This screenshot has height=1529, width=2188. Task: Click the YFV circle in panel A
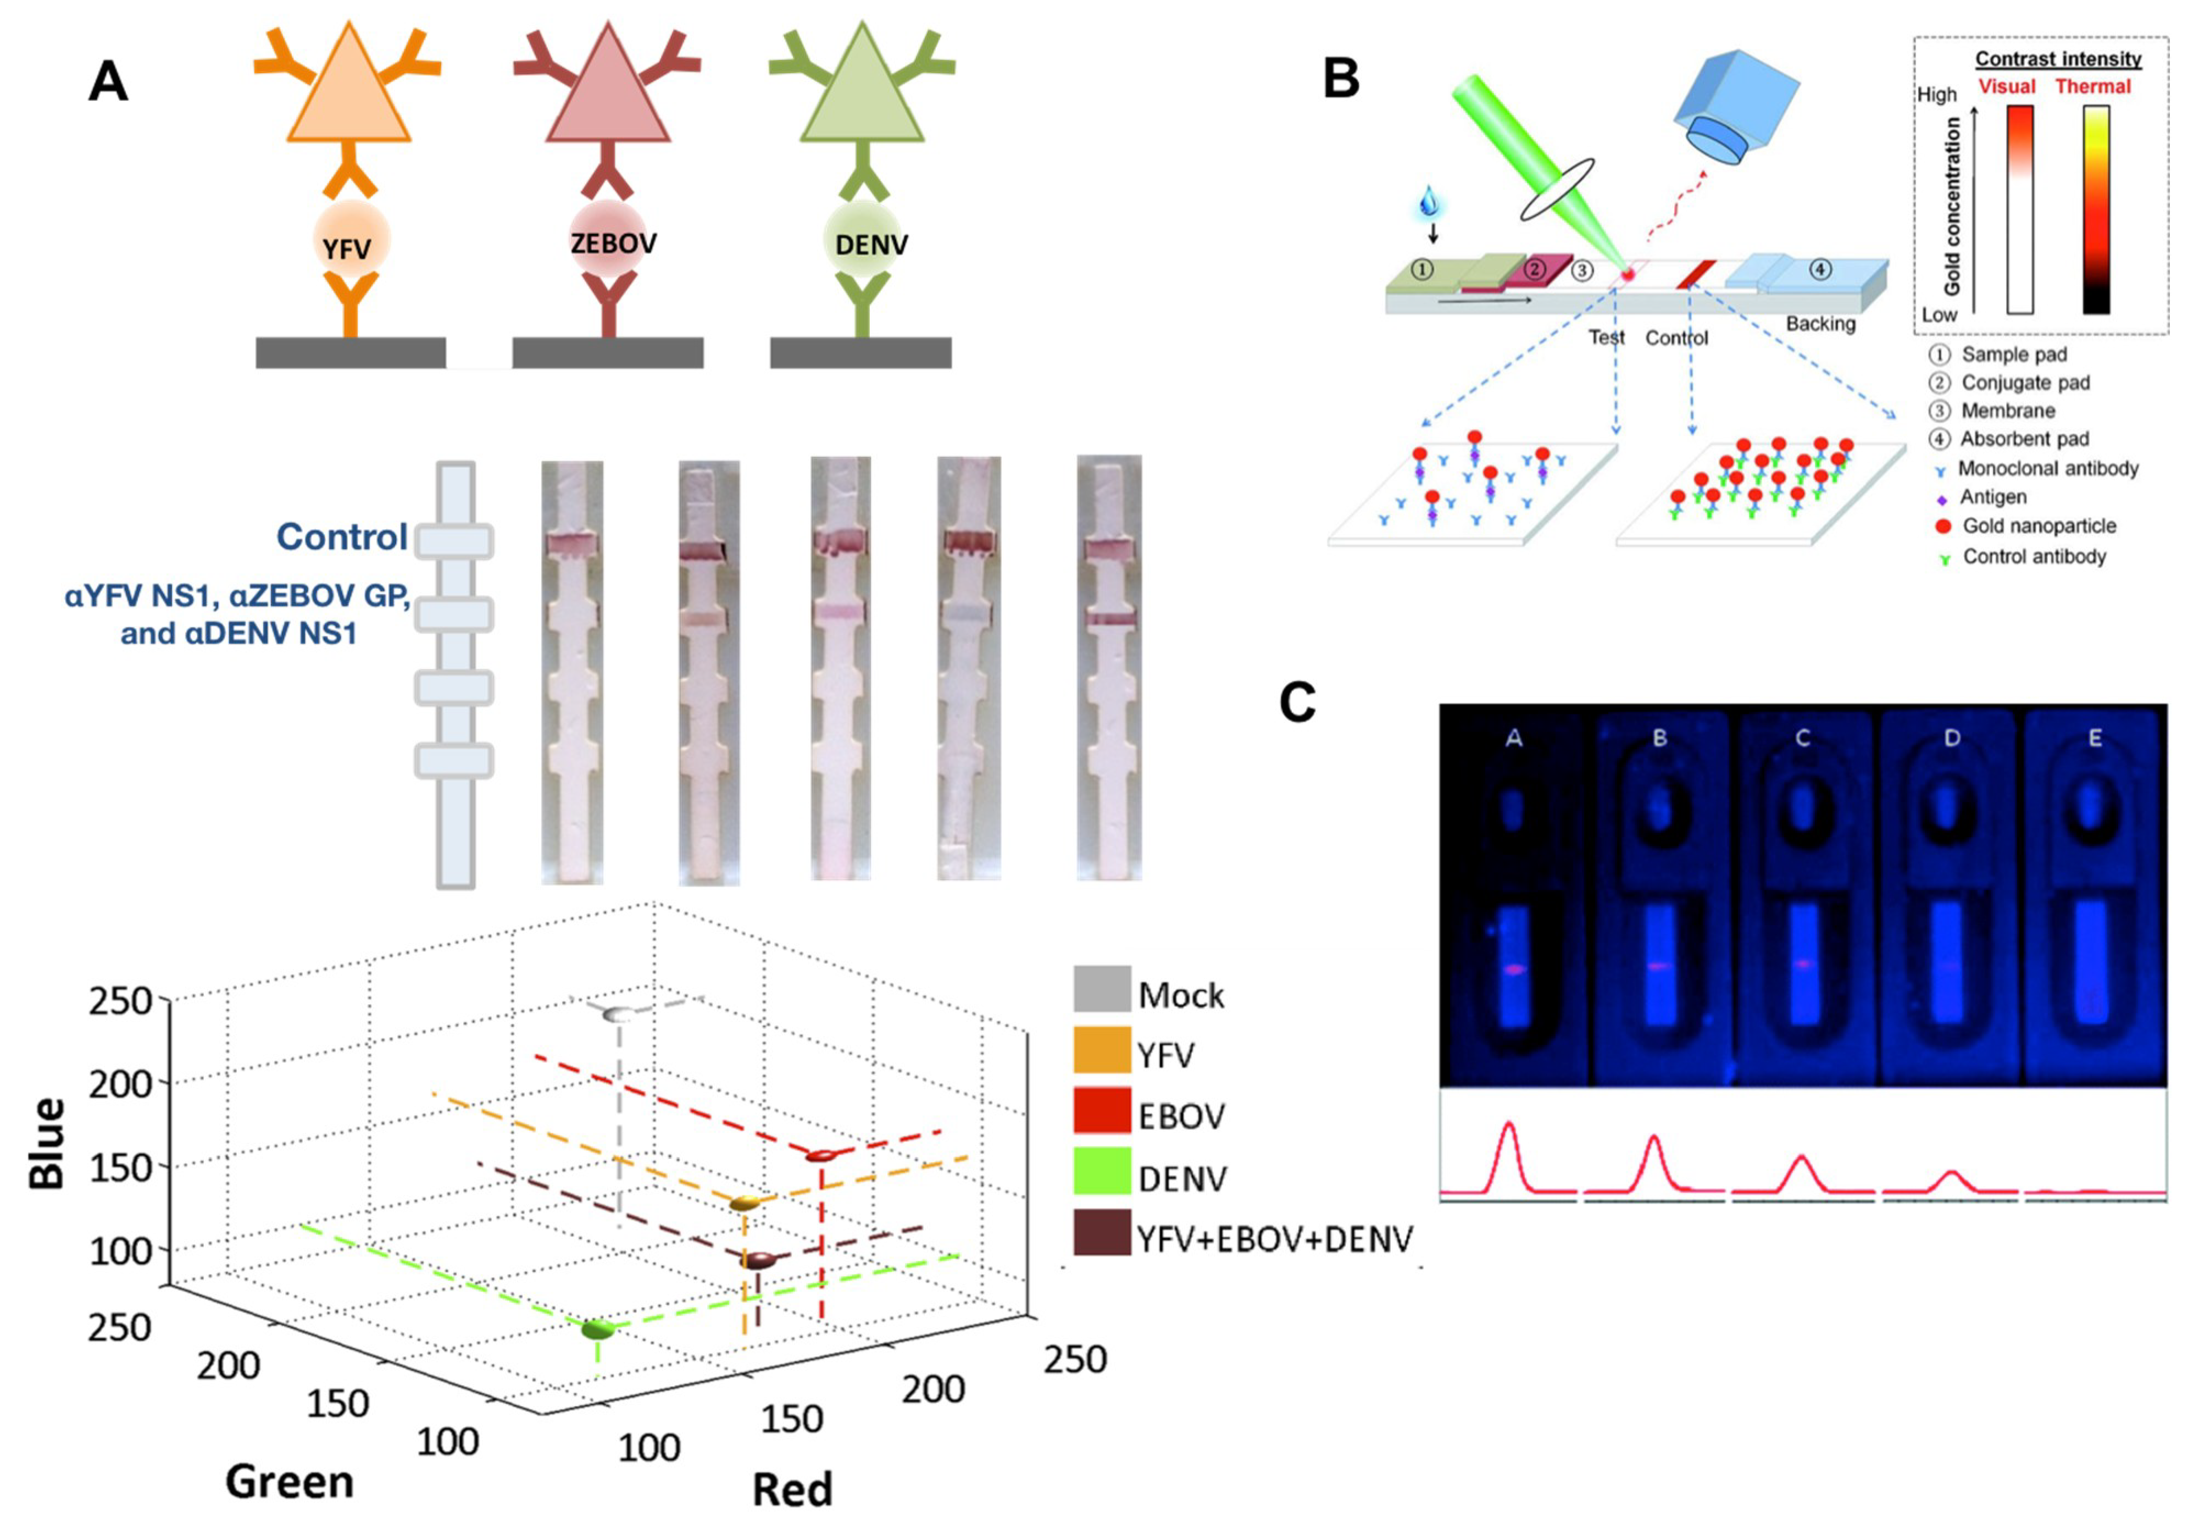(x=349, y=242)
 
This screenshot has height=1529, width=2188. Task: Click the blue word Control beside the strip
(x=341, y=536)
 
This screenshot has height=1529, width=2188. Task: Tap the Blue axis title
(x=48, y=1143)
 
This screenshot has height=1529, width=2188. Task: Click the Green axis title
(x=288, y=1481)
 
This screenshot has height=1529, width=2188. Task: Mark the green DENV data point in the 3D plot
(x=597, y=1328)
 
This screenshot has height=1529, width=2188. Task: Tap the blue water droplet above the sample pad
(x=1429, y=202)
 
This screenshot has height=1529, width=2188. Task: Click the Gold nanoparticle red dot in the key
(x=1943, y=526)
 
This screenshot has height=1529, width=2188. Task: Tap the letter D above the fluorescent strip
(x=1951, y=737)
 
